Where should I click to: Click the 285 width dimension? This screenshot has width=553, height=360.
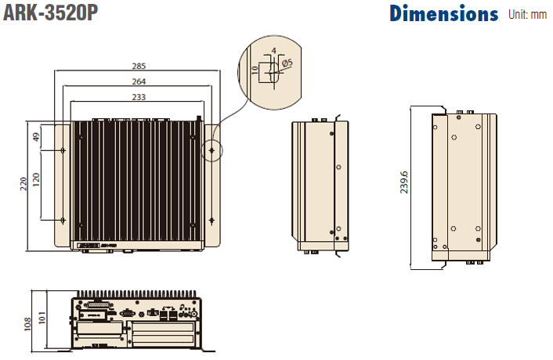point(139,66)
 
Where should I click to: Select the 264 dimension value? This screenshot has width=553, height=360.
point(139,81)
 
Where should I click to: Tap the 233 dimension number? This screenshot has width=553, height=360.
point(139,96)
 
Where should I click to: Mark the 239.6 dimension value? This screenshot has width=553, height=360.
point(404,185)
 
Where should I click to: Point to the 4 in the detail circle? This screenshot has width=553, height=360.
point(273,51)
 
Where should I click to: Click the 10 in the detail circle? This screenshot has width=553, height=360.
point(255,68)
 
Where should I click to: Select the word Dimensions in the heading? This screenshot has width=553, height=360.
point(443,13)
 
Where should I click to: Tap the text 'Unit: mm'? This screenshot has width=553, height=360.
point(527,14)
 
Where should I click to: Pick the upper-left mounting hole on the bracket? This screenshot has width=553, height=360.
point(63,149)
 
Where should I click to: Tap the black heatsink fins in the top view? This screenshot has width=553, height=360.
point(138,184)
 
